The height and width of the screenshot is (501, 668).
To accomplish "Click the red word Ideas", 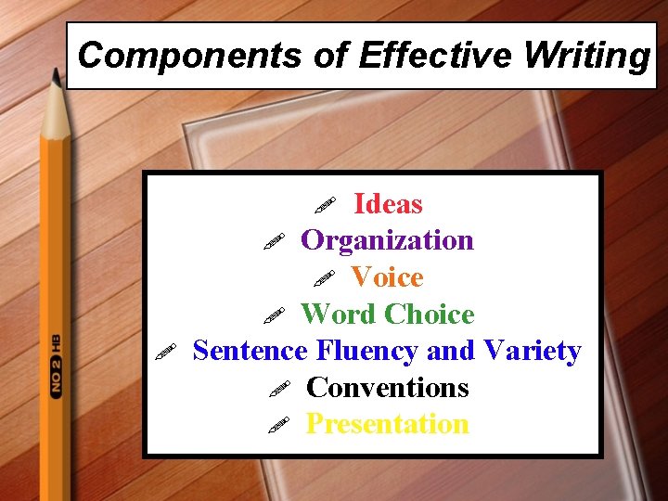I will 388,204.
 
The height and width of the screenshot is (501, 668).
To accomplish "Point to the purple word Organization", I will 388,240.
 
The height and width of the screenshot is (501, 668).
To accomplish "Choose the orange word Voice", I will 387,277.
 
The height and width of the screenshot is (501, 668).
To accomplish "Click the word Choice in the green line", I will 430,315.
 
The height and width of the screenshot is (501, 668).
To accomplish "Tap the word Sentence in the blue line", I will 250,351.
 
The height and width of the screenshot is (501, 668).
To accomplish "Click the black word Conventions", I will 388,387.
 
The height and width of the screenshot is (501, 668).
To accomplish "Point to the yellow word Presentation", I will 388,424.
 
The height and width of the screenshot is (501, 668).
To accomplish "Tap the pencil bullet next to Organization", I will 272,241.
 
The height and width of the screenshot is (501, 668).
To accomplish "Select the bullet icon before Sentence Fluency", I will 164,352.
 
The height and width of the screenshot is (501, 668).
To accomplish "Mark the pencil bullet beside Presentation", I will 276,425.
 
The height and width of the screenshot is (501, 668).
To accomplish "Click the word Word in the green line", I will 340,315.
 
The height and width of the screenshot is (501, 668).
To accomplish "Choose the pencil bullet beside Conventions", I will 276,388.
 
